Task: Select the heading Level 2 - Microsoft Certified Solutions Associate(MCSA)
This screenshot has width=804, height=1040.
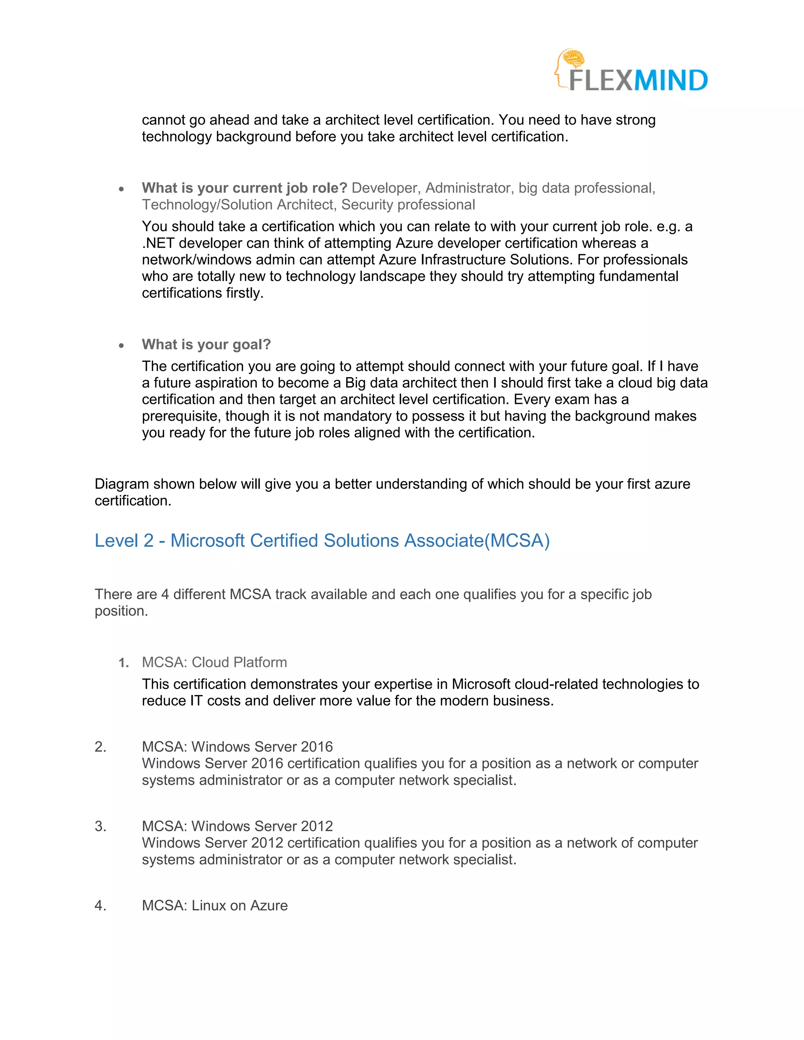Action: click(x=322, y=540)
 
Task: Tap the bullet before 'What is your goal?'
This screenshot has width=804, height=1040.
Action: click(x=121, y=345)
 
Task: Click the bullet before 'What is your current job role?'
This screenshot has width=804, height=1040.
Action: click(x=121, y=189)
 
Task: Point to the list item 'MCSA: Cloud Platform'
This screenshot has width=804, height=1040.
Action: click(x=214, y=662)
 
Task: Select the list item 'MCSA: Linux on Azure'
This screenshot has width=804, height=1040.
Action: click(x=214, y=905)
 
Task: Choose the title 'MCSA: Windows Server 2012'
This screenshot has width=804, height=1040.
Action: click(x=237, y=826)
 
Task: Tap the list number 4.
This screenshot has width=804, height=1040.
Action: click(x=100, y=905)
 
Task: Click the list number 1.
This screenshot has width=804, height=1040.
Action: click(x=123, y=663)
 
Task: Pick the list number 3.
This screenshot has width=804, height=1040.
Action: click(x=100, y=826)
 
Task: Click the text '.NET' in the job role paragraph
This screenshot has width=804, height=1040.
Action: click(x=158, y=243)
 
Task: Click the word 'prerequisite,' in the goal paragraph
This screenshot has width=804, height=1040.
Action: click(x=181, y=416)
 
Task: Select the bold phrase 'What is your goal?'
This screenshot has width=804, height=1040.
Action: click(x=206, y=344)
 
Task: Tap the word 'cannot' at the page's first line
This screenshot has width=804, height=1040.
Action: click(x=163, y=120)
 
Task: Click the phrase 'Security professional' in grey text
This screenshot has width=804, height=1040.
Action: click(x=408, y=205)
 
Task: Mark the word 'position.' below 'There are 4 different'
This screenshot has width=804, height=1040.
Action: click(x=121, y=611)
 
